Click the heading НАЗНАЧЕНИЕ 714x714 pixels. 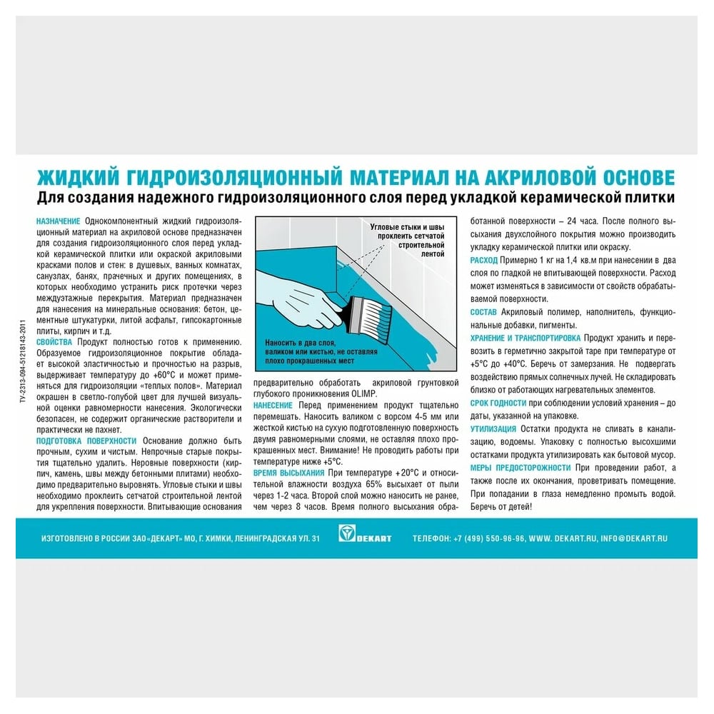(59, 221)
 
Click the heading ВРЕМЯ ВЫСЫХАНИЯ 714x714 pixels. (288, 473)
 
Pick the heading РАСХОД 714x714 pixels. (484, 261)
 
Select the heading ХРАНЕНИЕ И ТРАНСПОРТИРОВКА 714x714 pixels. (526, 337)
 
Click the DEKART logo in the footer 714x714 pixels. (365, 537)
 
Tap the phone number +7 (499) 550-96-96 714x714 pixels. (491, 538)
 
